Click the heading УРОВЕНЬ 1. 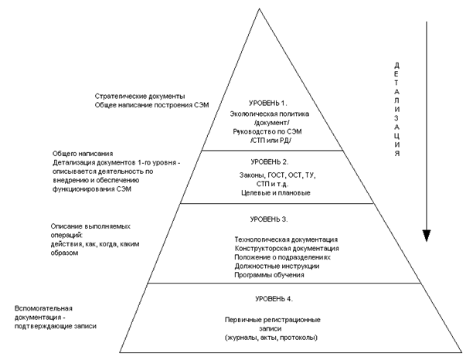(268, 104)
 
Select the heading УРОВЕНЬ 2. (267, 162)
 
